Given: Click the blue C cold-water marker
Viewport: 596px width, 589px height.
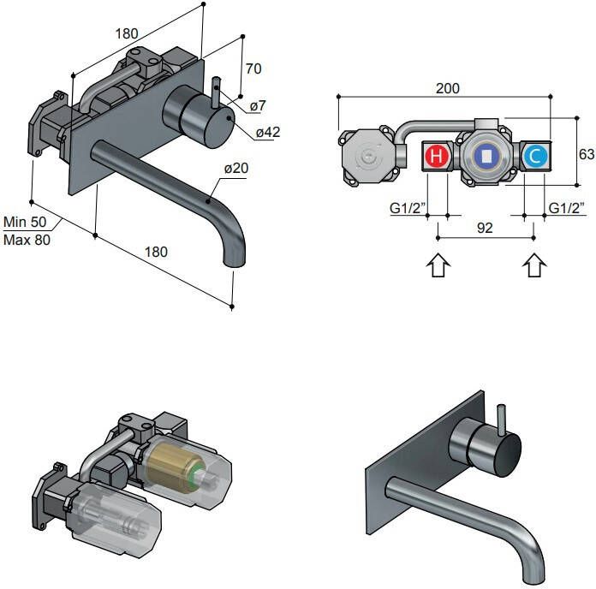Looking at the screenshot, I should point(534,157).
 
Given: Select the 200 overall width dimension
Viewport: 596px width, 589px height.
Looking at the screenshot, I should point(447,89).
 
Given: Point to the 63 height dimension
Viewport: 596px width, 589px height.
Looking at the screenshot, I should point(587,154).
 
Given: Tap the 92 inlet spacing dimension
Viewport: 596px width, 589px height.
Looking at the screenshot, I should point(486,229).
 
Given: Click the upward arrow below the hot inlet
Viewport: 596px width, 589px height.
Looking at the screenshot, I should point(438,265).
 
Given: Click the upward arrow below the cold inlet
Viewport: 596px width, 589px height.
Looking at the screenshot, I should point(534,265).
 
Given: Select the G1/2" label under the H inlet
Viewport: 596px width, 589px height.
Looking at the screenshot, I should point(406,208).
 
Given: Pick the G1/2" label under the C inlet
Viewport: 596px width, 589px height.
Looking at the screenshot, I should point(566,208).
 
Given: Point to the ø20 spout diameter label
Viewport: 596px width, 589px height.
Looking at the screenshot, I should point(235,169).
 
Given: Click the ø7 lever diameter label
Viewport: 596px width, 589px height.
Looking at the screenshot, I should point(258,106).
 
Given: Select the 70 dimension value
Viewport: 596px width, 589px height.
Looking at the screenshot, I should point(253,68).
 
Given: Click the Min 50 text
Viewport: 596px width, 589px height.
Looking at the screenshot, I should point(26,223).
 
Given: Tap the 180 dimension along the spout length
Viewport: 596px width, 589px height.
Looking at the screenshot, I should point(155,252).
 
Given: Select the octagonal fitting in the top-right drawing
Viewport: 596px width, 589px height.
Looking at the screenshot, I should point(367,157).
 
